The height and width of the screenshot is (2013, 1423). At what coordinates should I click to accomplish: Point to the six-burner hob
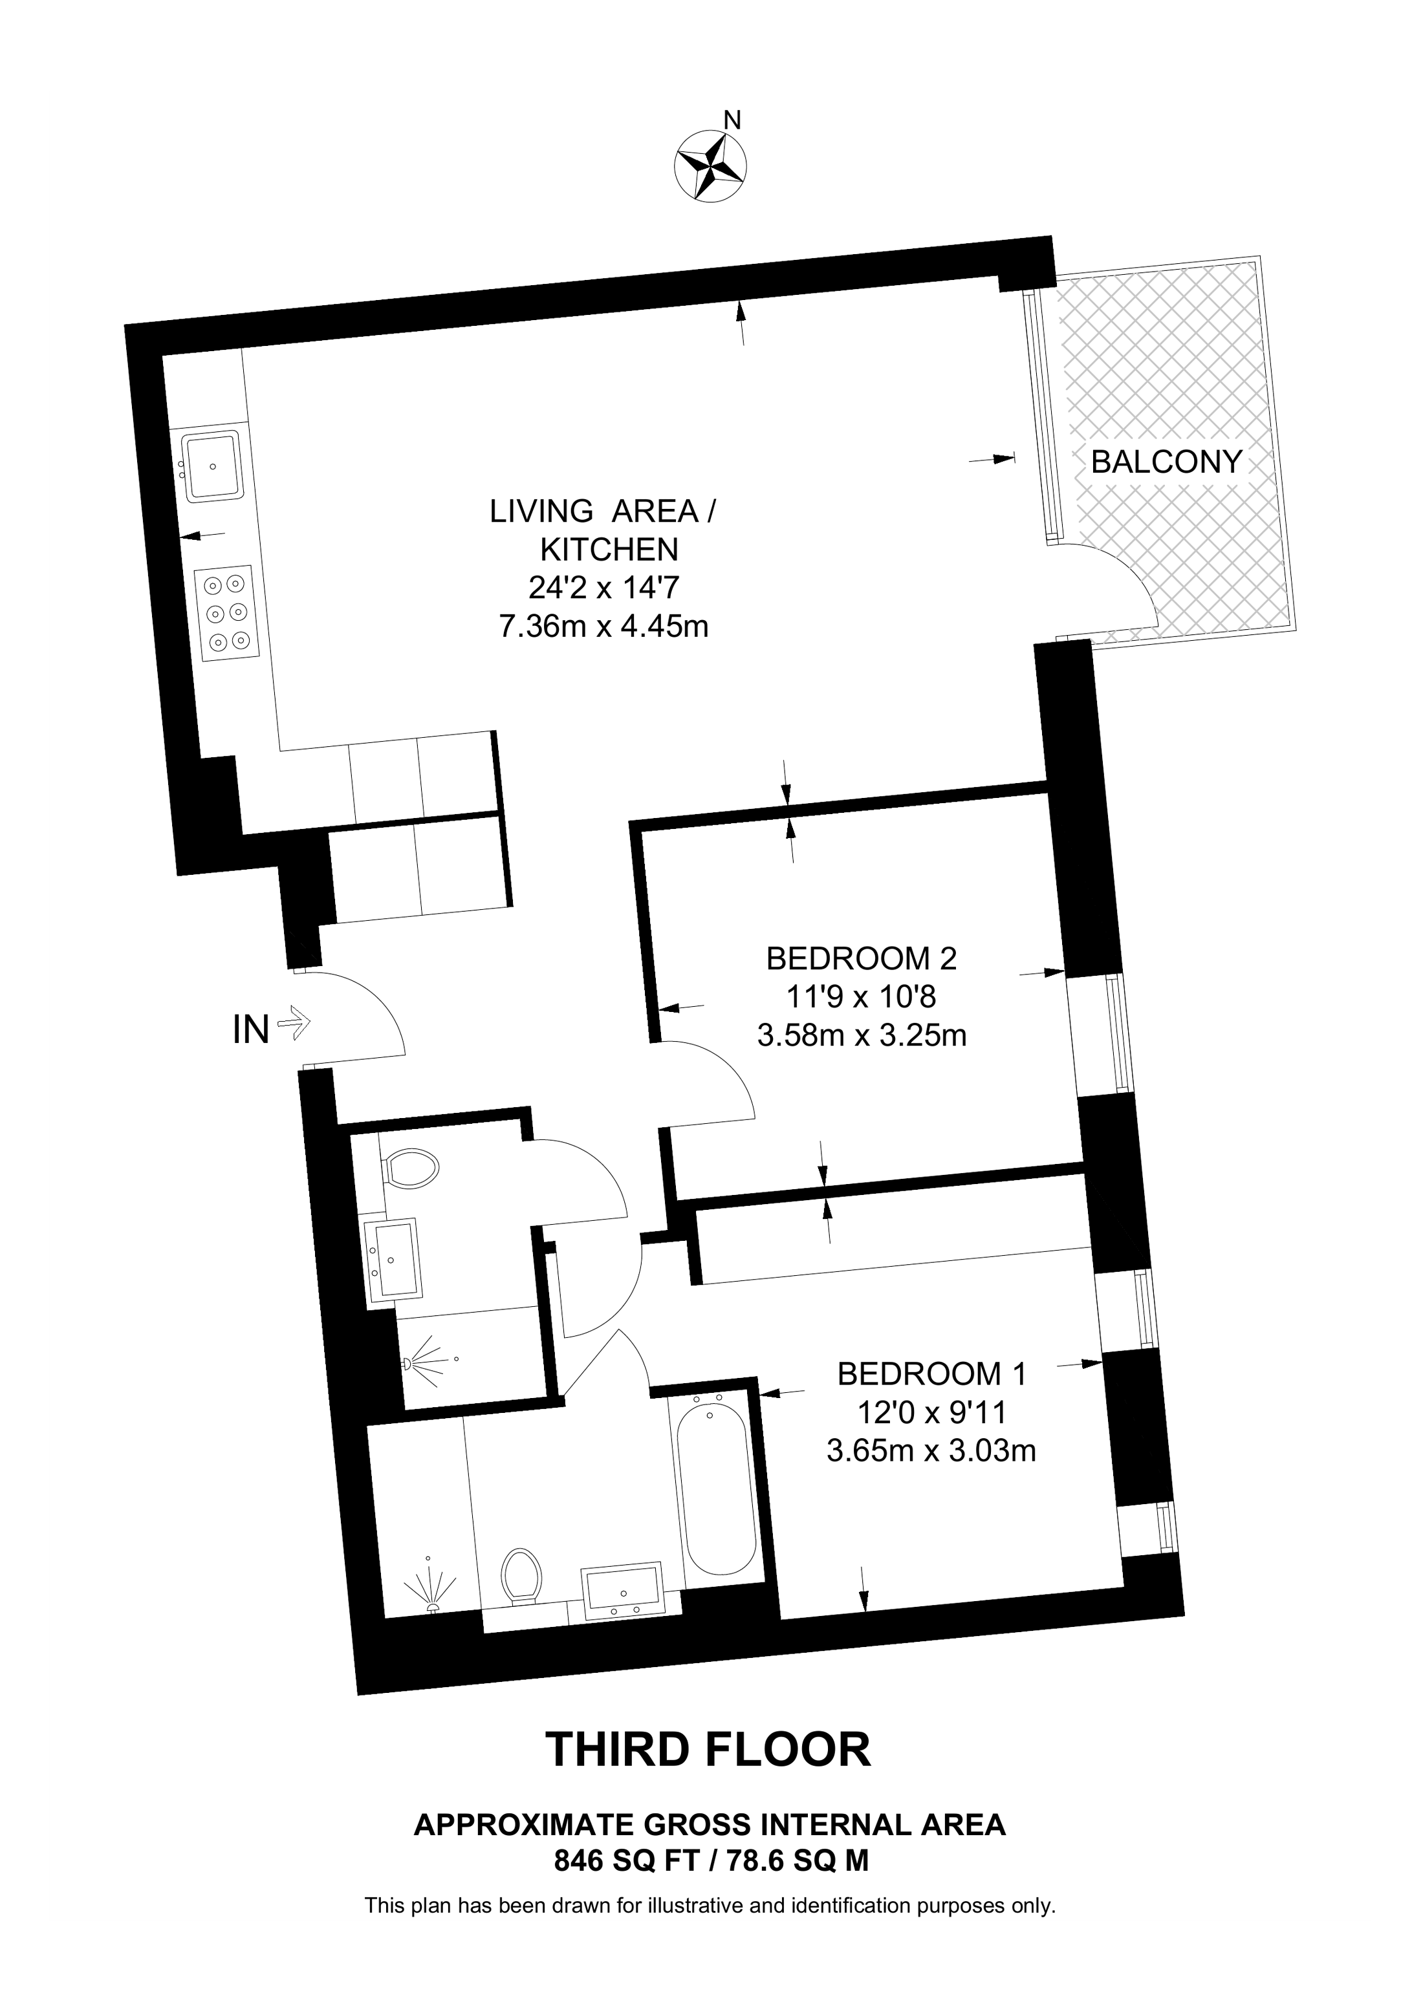(x=228, y=612)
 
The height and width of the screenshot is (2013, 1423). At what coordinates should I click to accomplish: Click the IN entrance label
(x=251, y=1030)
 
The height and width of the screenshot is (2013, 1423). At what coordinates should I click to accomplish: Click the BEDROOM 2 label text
(x=861, y=958)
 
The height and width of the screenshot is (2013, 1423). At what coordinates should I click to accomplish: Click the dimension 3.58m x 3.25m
(x=862, y=1035)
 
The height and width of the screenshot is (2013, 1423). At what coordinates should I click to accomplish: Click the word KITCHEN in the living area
(x=609, y=550)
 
